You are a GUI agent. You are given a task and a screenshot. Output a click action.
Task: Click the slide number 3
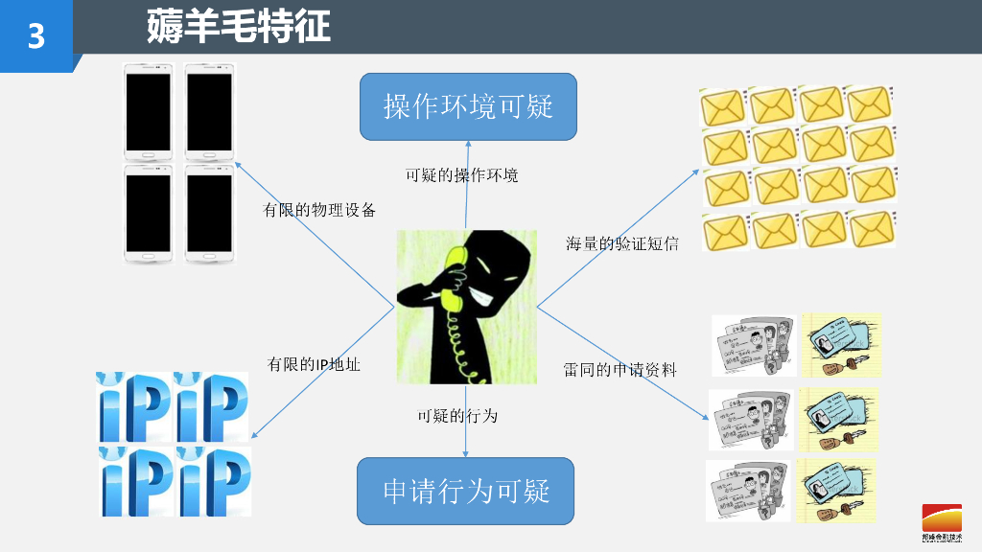coord(36,36)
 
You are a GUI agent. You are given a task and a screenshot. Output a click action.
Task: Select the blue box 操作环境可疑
coord(468,106)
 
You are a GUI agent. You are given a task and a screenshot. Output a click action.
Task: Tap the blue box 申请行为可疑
coord(466,491)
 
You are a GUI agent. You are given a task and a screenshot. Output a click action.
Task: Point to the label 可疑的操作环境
coord(461,175)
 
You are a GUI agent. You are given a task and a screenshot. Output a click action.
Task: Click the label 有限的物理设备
coord(319,210)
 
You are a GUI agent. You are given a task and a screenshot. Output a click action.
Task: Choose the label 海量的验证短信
coord(621,243)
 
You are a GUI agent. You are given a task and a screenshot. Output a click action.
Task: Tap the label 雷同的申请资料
coord(620,369)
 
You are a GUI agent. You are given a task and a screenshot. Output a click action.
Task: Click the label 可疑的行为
coord(457,416)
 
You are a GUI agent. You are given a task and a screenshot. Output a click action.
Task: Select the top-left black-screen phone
coord(149,111)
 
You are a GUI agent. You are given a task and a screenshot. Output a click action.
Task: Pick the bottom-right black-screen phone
coord(209,212)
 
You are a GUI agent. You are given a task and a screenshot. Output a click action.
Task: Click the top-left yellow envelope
coord(724,104)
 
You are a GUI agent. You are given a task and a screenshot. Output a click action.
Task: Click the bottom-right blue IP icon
coord(212,480)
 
